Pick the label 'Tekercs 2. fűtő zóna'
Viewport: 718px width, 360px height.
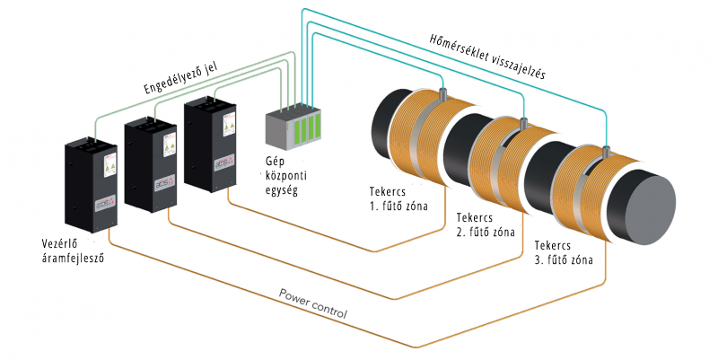click(x=485, y=224)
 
